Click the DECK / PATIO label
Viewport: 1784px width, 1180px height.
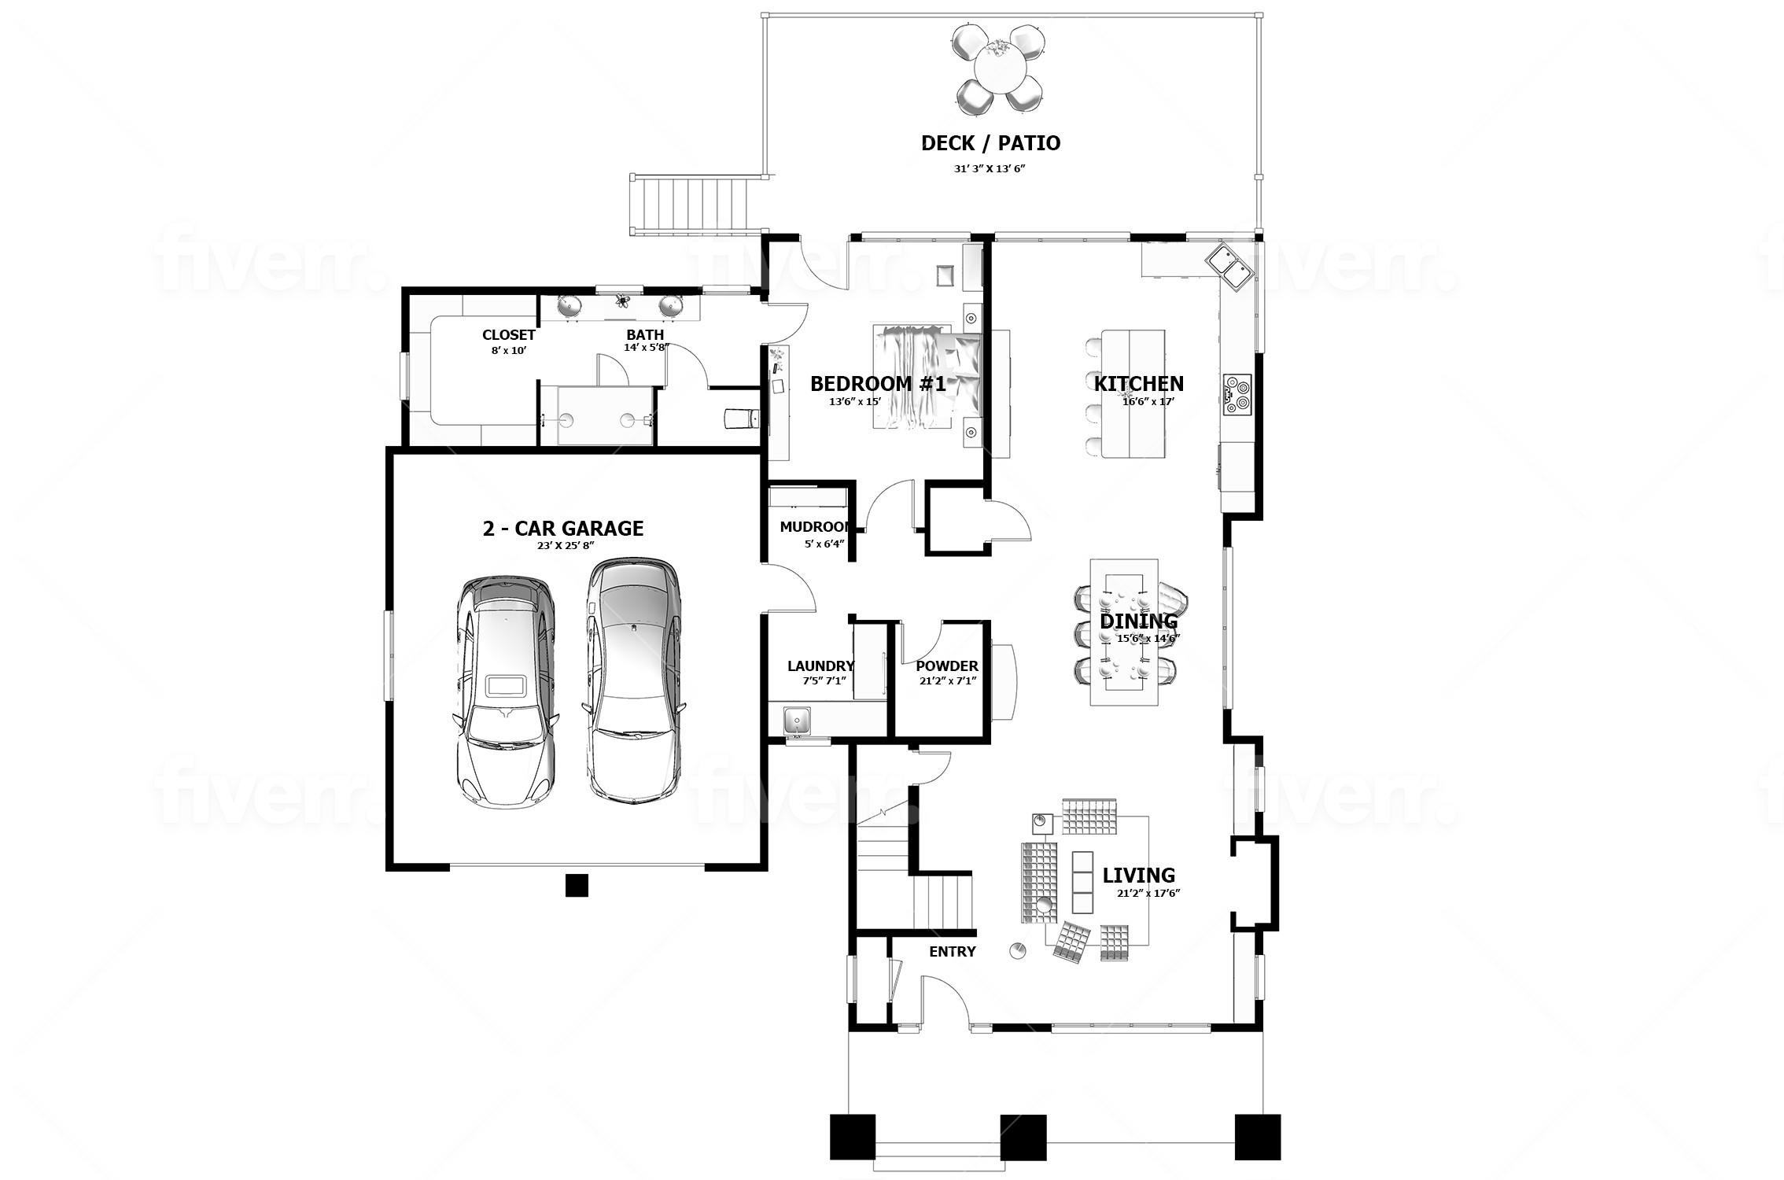click(990, 143)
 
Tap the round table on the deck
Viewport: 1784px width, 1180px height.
click(999, 69)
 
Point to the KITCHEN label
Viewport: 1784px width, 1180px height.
click(1138, 384)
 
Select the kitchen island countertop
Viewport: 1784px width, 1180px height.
click(1133, 393)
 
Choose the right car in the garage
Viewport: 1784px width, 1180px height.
click(634, 680)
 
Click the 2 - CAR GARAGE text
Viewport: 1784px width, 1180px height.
click(562, 529)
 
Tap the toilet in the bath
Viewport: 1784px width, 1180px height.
click(739, 419)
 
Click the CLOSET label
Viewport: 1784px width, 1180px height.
click(508, 335)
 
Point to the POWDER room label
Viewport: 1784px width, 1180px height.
click(947, 666)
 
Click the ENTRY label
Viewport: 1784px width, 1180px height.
click(952, 952)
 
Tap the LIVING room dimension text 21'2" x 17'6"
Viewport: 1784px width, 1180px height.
click(1148, 893)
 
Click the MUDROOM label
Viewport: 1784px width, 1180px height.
click(815, 527)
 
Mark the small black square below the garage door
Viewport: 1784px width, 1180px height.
click(577, 885)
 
